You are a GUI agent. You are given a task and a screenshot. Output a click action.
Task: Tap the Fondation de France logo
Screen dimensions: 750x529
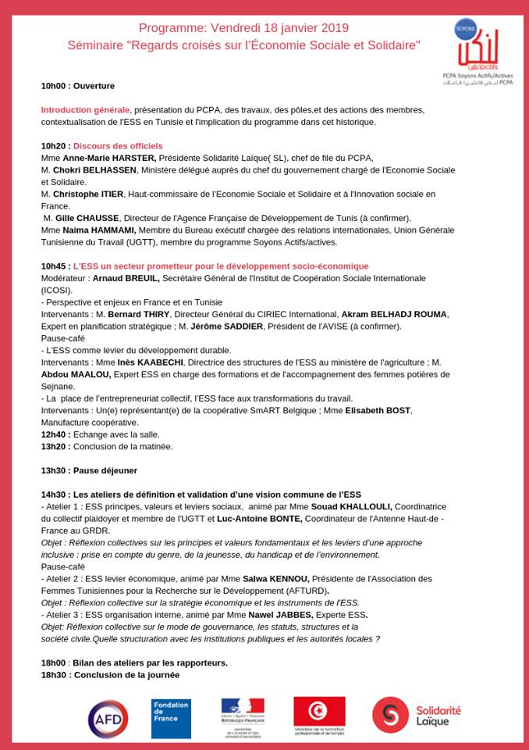click(x=171, y=718)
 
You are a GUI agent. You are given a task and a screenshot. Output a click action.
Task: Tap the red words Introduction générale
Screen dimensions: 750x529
click(x=85, y=109)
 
